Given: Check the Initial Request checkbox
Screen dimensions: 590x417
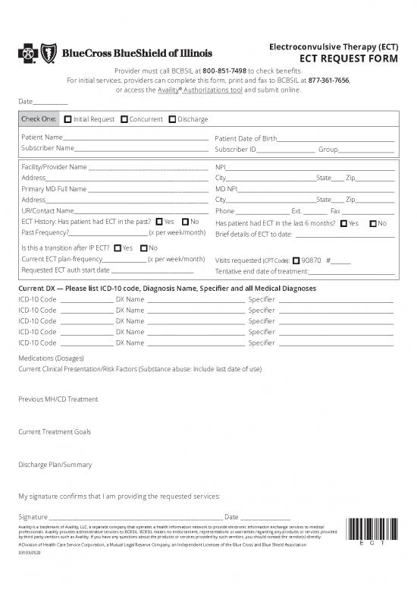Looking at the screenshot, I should [68, 119].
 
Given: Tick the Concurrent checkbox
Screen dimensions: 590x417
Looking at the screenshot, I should [124, 119].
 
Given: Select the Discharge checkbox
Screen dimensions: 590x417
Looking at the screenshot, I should [172, 119].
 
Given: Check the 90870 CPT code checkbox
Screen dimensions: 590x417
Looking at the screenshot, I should [296, 260].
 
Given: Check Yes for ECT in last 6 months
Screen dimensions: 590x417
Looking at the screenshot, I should [343, 223].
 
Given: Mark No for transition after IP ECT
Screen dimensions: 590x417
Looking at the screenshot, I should [144, 248].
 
